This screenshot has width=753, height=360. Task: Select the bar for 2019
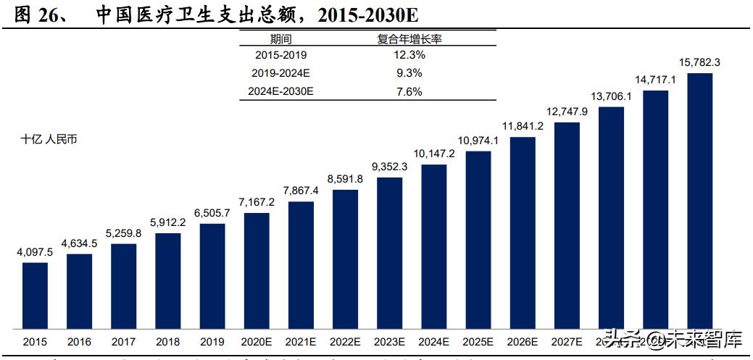(x=212, y=275)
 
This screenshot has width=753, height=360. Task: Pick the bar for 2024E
(x=433, y=246)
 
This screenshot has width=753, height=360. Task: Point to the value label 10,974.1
(x=478, y=141)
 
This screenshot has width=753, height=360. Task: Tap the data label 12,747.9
(x=567, y=112)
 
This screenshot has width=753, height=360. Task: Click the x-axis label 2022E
(x=345, y=341)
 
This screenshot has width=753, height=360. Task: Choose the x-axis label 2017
(x=123, y=341)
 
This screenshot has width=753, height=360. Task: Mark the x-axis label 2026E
(x=523, y=341)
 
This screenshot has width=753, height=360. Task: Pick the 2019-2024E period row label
(x=280, y=73)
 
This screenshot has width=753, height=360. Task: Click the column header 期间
(x=280, y=39)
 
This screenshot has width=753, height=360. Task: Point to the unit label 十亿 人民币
(x=49, y=140)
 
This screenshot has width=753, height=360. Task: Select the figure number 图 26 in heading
(x=41, y=15)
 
